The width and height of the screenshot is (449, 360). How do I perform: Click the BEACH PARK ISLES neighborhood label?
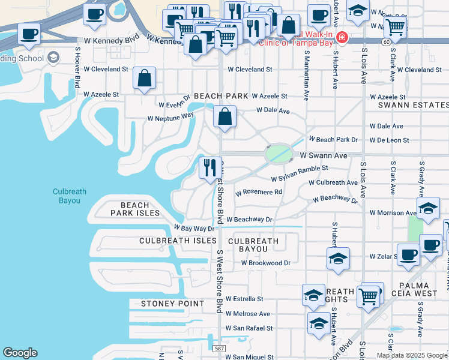pyautogui.click(x=136, y=209)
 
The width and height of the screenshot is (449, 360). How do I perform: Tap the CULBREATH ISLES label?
pyautogui.click(x=178, y=241)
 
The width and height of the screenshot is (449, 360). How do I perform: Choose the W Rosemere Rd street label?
pyautogui.click(x=259, y=193)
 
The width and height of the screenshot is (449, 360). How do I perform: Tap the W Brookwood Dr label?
pyautogui.click(x=265, y=263)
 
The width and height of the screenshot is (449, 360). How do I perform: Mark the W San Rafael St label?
pyautogui.click(x=249, y=328)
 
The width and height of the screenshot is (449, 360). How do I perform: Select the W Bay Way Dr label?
pyautogui.click(x=194, y=229)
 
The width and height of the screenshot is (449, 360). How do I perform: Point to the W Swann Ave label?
pyautogui.click(x=324, y=155)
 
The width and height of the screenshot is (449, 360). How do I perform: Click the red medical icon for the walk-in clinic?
pyautogui.click(x=342, y=38)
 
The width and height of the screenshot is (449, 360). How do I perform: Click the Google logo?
pyautogui.click(x=20, y=353)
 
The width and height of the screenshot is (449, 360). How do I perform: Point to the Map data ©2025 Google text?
pyautogui.click(x=411, y=355)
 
